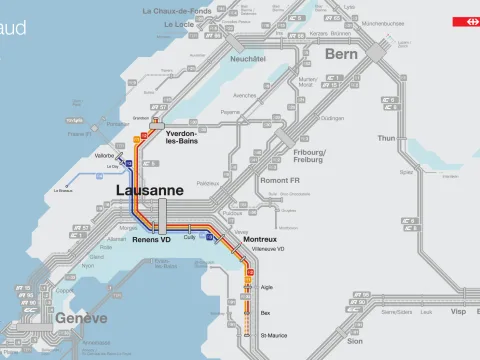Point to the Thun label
point(385,138)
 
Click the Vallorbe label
point(105,156)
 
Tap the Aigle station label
point(266,285)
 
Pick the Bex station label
point(265,313)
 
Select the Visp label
point(458,311)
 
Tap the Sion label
point(355,341)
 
